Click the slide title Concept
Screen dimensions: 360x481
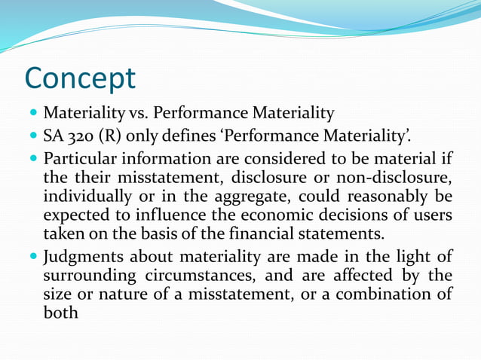tap(80, 78)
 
